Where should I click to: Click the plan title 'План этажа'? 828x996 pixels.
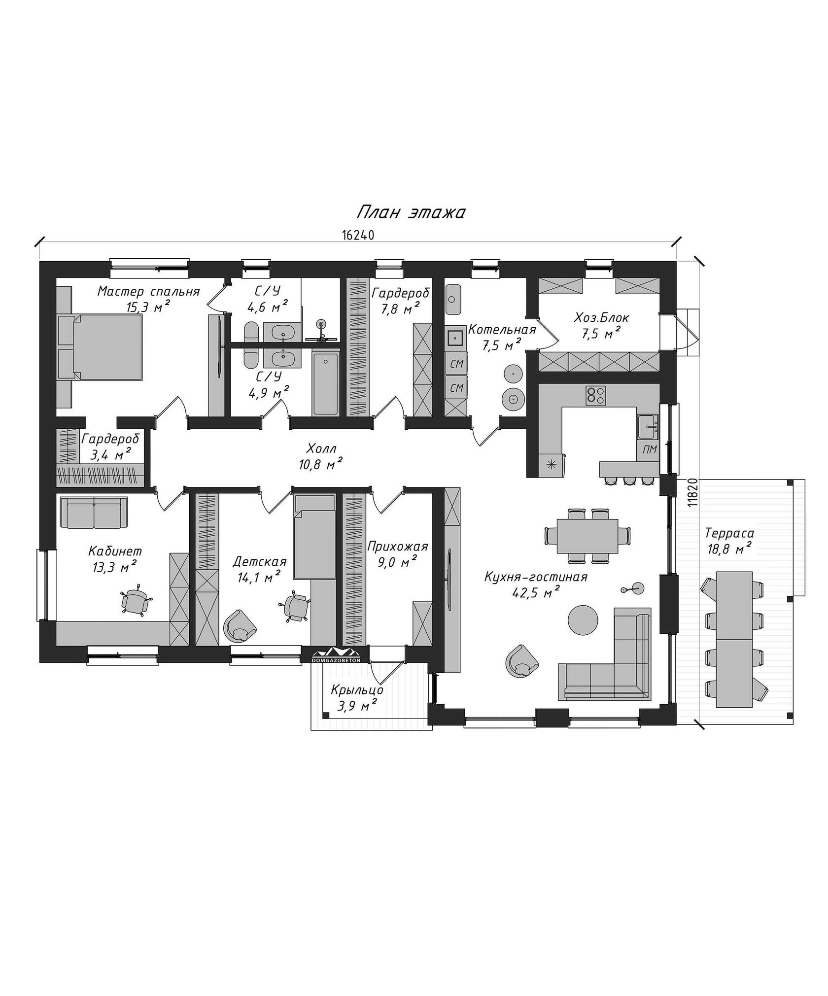coord(411,212)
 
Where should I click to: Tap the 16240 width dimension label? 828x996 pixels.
coord(358,235)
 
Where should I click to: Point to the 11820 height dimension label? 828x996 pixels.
coord(693,492)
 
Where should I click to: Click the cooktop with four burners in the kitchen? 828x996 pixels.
coord(596,396)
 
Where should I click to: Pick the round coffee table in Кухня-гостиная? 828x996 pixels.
coord(583,619)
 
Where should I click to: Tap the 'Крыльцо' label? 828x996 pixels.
coord(357,690)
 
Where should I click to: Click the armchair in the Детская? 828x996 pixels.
coord(241,625)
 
